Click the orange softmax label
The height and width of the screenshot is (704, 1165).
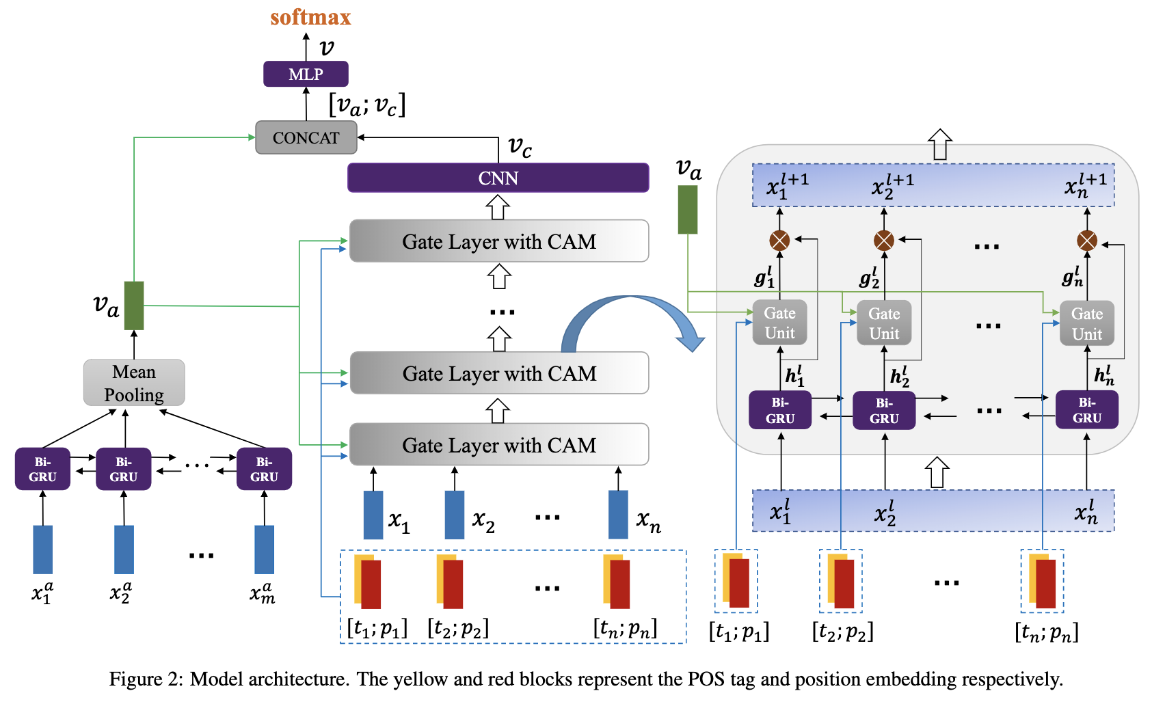(310, 17)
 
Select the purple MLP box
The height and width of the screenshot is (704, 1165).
(306, 74)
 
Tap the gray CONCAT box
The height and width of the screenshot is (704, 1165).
(306, 137)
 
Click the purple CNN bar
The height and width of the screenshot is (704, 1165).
(498, 178)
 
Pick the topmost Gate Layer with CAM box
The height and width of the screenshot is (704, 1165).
(498, 241)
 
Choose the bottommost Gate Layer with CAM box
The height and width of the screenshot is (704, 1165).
(498, 445)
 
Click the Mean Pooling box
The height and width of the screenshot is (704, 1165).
(134, 383)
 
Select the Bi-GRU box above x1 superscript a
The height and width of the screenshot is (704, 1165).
(42, 469)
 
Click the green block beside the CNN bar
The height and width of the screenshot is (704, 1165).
(688, 210)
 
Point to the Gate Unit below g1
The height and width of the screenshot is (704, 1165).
(779, 323)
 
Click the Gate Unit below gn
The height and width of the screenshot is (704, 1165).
(1086, 323)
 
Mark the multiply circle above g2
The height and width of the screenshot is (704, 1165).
(884, 241)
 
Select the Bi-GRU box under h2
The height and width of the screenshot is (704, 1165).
(884, 410)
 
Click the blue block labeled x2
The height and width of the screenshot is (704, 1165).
(455, 515)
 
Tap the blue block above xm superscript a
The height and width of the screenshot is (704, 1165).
(265, 549)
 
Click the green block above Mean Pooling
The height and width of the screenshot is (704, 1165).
(134, 306)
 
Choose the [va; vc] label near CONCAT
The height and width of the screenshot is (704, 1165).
(367, 105)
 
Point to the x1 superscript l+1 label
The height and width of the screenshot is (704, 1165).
(787, 185)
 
